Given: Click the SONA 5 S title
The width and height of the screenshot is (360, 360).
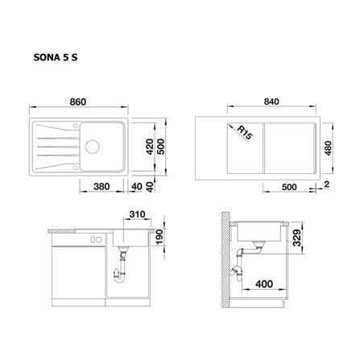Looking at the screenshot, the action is coord(56,57).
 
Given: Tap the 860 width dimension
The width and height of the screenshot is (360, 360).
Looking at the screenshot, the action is coord(78,102).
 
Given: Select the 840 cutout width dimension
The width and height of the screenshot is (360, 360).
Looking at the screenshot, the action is coord(271,101).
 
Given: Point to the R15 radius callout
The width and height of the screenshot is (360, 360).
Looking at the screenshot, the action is coord(245,133).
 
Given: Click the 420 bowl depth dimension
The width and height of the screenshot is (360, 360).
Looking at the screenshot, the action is coord(150,147).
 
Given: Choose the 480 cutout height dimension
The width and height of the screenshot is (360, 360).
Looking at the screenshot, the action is coord(328,148).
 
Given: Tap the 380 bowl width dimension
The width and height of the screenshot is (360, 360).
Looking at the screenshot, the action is coord(101,186).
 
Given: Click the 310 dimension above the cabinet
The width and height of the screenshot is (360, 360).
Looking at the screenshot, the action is coord(137,214).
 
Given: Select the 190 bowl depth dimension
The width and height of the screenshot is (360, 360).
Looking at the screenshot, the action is coord(159,237).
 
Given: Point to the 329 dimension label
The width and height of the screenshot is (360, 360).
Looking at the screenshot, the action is coord(296,238).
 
